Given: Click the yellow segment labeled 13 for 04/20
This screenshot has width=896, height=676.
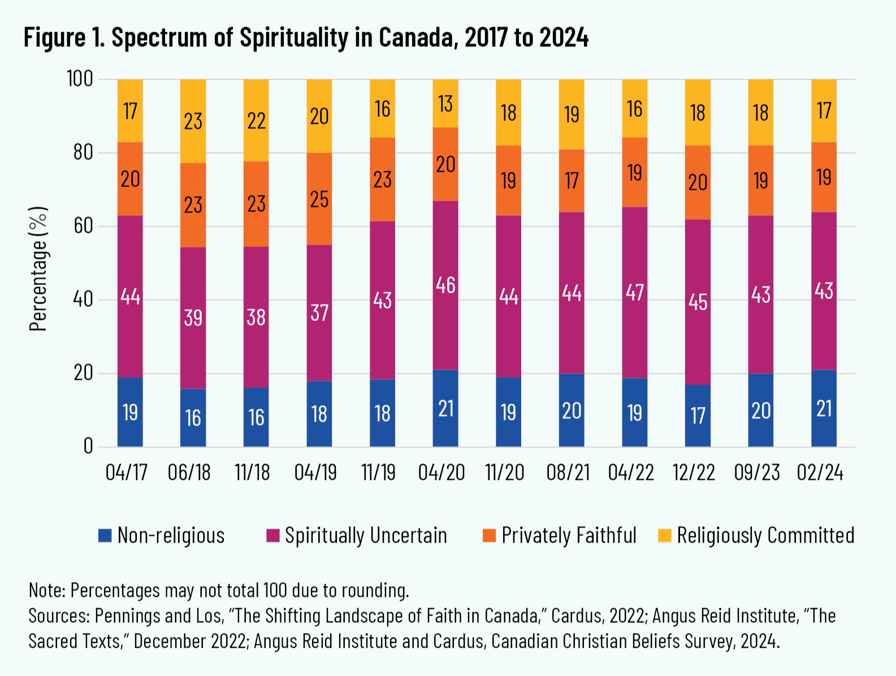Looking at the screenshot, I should pyautogui.click(x=445, y=103).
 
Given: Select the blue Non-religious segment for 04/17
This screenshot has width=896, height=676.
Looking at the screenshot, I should pyautogui.click(x=130, y=411).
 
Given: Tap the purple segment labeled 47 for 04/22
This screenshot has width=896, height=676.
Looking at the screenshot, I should pyautogui.click(x=635, y=292).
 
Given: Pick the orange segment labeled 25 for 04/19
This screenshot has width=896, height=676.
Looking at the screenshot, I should pyautogui.click(x=319, y=199).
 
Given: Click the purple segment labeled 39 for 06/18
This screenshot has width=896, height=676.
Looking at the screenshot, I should pyautogui.click(x=193, y=318).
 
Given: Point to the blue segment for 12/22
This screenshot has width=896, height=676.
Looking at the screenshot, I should pyautogui.click(x=698, y=415).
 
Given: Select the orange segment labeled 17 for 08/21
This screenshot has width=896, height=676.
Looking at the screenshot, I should pyautogui.click(x=572, y=181).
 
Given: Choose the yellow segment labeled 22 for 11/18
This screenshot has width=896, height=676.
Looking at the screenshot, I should pyautogui.click(x=256, y=120).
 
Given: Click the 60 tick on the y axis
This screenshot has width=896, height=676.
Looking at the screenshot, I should pyautogui.click(x=83, y=226).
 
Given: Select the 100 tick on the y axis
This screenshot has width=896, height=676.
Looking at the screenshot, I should pyautogui.click(x=80, y=79).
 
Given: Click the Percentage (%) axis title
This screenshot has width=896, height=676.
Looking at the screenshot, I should pyautogui.click(x=38, y=268).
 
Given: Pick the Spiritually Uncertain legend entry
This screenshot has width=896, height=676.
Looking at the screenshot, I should pyautogui.click(x=366, y=535).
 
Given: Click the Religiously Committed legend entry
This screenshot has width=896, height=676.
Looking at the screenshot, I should pyautogui.click(x=765, y=535).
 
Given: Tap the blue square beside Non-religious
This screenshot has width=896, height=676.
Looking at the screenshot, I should pyautogui.click(x=105, y=535).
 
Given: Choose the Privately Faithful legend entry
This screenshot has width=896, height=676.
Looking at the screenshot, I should pyautogui.click(x=569, y=535).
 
